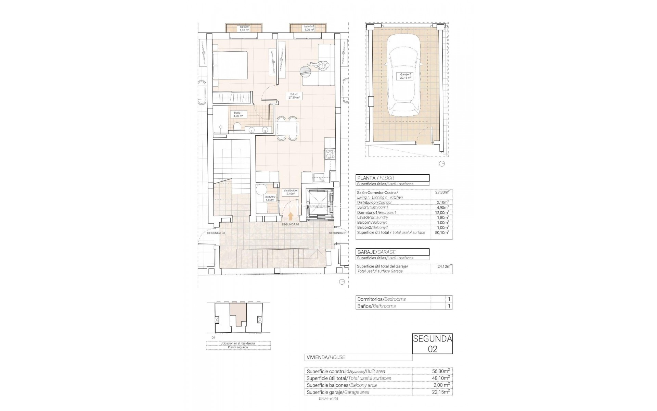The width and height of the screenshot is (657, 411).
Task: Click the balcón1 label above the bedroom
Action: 244,28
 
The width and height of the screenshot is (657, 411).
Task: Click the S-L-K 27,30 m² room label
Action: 294,96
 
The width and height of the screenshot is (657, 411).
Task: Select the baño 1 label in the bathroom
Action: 238,114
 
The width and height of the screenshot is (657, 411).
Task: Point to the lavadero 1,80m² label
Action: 270,198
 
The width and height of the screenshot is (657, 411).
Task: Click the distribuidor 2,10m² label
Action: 291,192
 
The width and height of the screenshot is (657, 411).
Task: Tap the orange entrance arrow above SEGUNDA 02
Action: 291,216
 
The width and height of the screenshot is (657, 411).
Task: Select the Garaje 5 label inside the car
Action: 405,76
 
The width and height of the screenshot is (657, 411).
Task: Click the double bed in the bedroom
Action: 230,70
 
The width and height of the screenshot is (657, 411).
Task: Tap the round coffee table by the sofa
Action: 306,73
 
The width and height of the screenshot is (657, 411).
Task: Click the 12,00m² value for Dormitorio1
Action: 442,212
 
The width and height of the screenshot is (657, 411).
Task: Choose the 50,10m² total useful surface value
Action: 442,233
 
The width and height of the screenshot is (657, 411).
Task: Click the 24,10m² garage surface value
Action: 445,266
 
